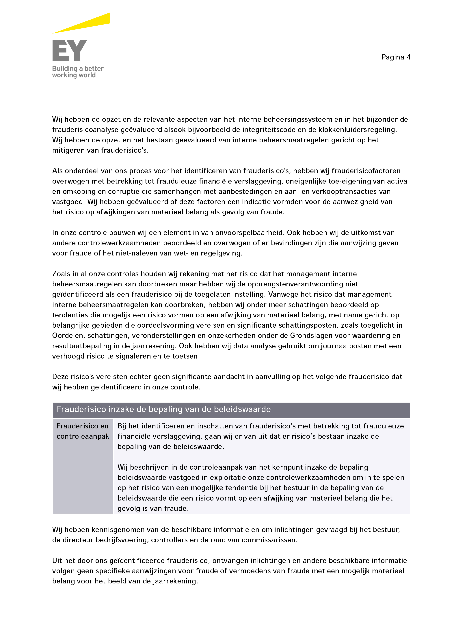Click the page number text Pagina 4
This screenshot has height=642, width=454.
[x=396, y=57]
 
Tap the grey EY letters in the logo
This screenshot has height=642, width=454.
[x=70, y=50]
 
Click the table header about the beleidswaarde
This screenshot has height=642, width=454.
[x=164, y=409]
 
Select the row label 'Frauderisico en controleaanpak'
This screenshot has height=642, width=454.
[x=83, y=431]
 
